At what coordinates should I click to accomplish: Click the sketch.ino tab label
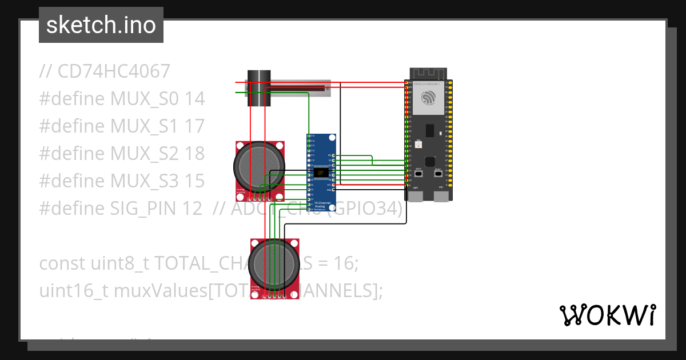101,25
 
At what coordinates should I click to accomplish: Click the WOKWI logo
607,315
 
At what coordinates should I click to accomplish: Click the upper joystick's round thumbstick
259,166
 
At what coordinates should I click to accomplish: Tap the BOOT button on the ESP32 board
418,174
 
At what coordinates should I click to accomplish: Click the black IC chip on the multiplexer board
320,172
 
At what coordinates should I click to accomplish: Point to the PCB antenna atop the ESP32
429,74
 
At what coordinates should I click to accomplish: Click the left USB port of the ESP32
416,196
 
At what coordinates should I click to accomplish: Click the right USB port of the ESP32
441,196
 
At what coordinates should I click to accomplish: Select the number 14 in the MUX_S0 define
195,99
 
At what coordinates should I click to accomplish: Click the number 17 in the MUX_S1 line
194,126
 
